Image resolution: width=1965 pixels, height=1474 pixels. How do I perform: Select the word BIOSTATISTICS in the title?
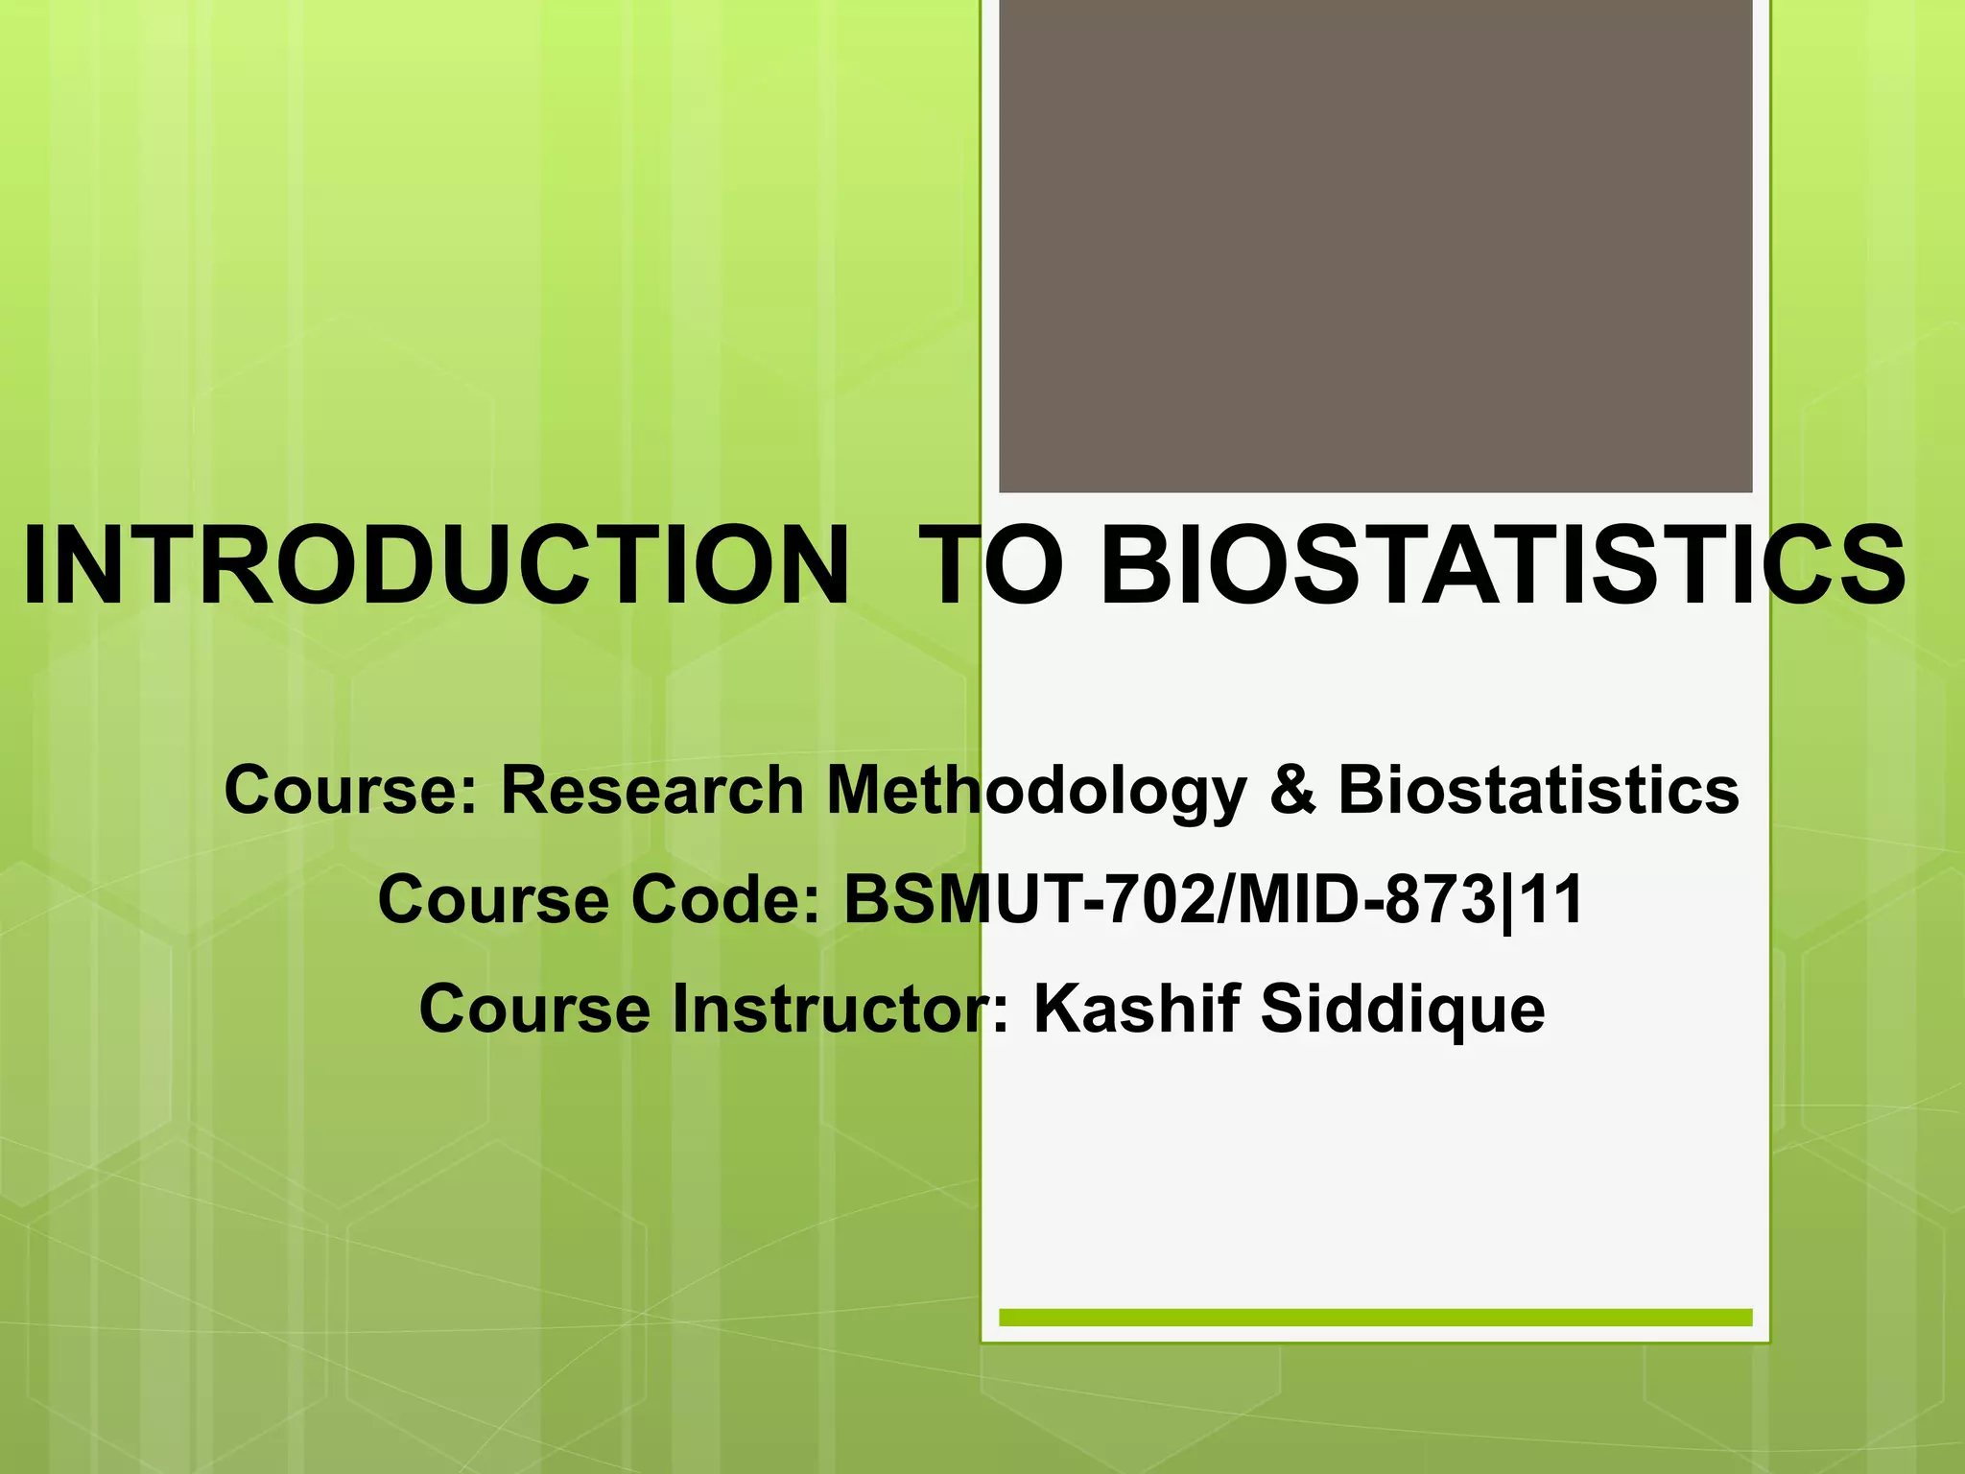pos(1503,566)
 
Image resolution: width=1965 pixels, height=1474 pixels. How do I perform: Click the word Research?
pos(652,791)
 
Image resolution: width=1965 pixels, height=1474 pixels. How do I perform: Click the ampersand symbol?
pos(1292,791)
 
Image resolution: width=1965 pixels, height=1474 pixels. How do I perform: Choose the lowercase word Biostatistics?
pos(1538,791)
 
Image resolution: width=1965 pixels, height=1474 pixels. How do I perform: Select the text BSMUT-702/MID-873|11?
pos(1213,900)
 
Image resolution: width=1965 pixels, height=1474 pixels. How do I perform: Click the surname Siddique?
pos(1402,1011)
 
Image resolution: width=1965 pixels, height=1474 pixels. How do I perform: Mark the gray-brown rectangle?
pos(1375,246)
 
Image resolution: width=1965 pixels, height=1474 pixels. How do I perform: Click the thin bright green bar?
pos(1375,1317)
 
